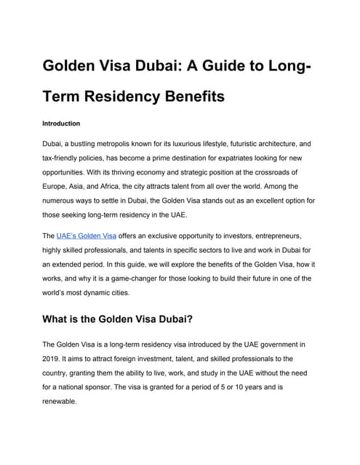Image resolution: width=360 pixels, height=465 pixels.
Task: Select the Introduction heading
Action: click(x=61, y=124)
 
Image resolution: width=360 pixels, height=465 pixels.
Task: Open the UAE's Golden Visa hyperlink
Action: click(x=86, y=237)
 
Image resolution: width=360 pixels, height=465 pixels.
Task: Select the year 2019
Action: click(x=52, y=357)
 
